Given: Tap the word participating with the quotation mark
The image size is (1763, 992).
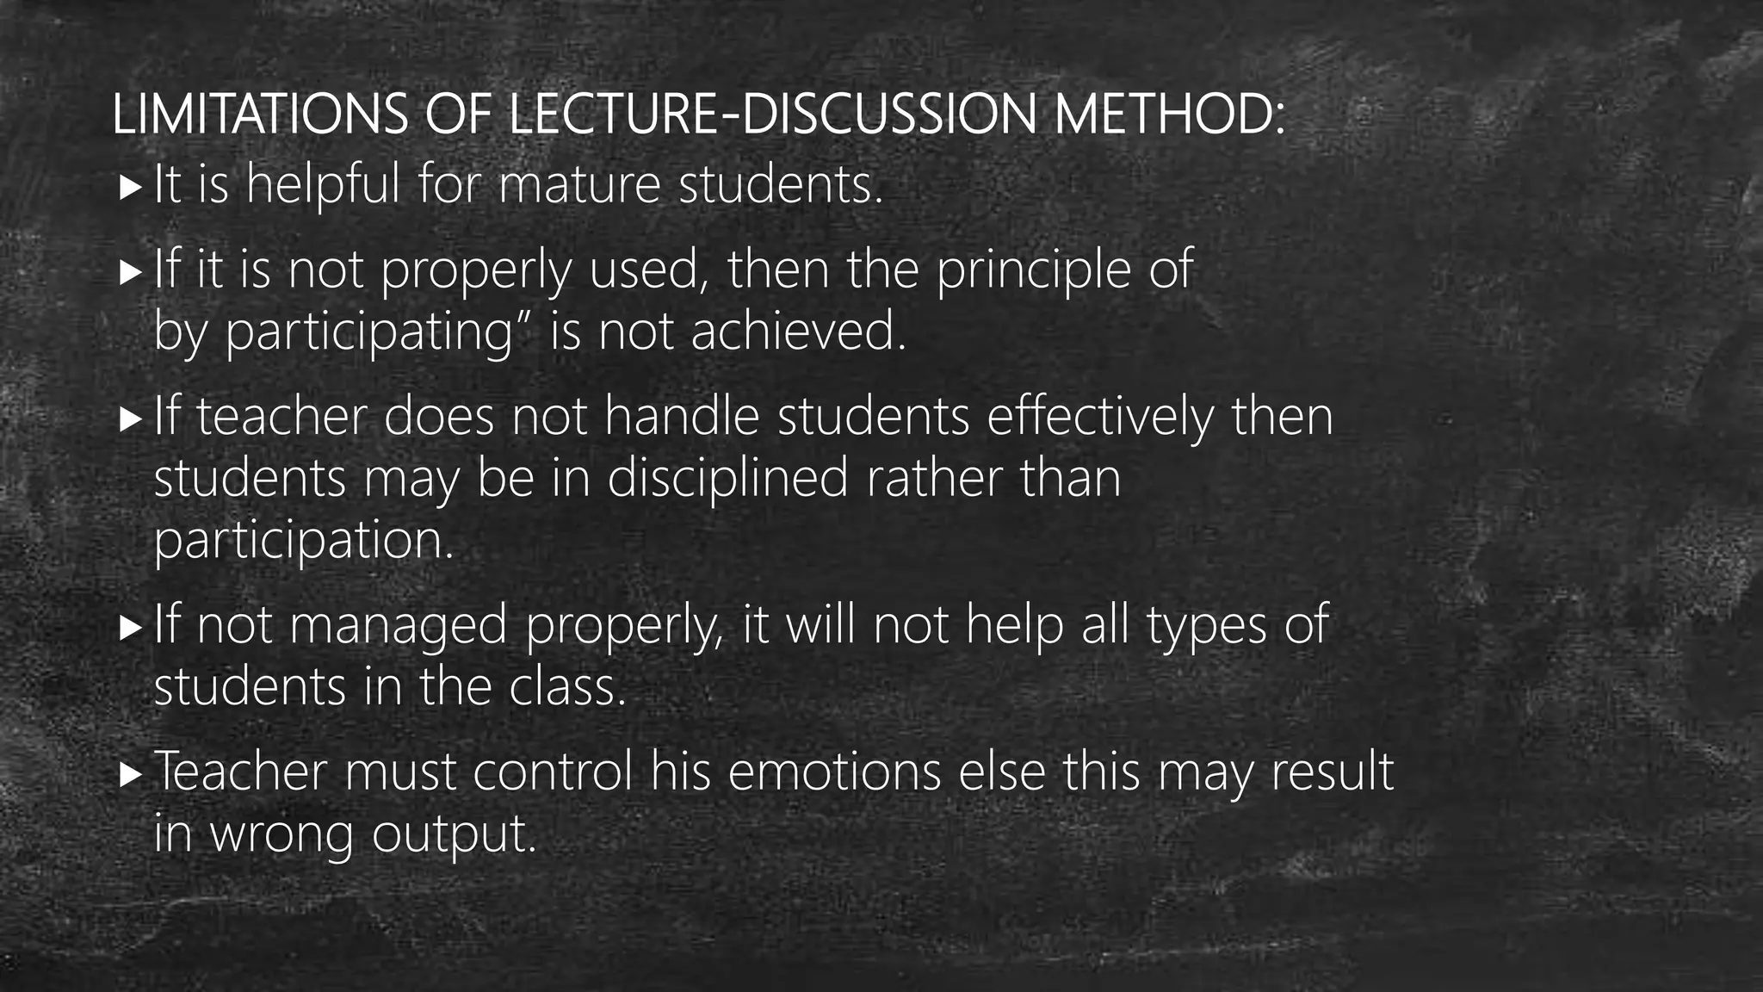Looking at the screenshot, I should click(379, 332).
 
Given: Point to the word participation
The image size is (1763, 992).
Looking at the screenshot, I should click(303, 541).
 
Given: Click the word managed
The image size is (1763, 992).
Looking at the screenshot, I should click(399, 625).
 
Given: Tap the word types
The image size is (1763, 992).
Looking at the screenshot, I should click(1206, 625).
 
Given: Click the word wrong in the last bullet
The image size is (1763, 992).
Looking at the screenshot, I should click(281, 835).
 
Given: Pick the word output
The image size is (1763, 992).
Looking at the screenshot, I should click(454, 835).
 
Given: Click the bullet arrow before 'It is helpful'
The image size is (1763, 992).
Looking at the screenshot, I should click(130, 186).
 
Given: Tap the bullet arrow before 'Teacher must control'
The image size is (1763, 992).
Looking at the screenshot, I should click(130, 773).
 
